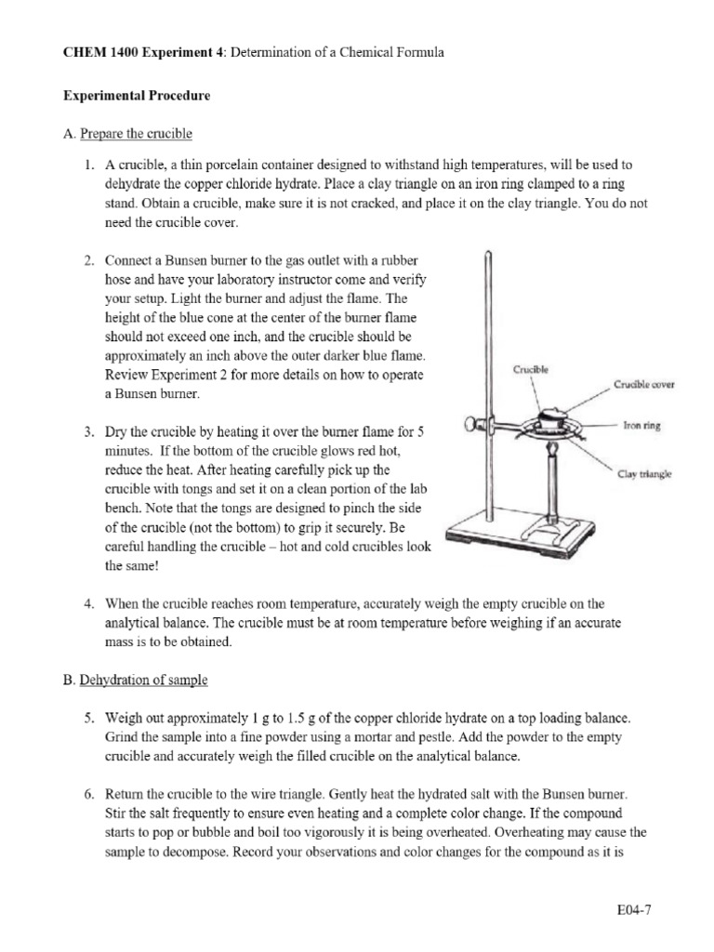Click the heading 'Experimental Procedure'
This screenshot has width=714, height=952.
(136, 95)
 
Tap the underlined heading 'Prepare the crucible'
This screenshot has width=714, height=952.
(136, 134)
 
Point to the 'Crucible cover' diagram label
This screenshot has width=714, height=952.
(642, 384)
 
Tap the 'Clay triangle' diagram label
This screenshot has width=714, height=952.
(644, 474)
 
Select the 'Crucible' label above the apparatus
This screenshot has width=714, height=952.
(531, 369)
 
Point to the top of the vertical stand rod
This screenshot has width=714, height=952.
(489, 256)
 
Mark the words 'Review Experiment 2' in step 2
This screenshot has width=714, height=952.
(166, 375)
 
